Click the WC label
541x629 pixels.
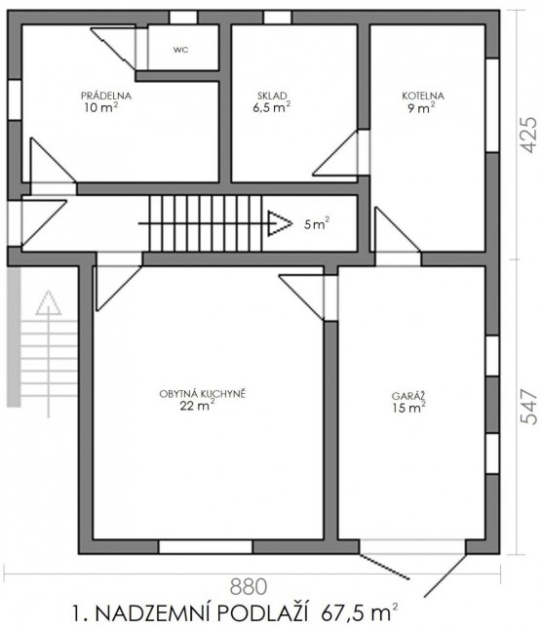[x=180, y=50]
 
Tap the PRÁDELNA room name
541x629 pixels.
[x=106, y=96]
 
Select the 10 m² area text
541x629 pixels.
[x=101, y=107]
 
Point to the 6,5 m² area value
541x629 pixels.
[x=272, y=107]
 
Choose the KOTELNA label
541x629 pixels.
[x=423, y=96]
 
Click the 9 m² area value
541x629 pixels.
[x=421, y=107]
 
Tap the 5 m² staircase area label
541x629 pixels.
[x=317, y=224]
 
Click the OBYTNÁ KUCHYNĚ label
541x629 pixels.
[x=202, y=394]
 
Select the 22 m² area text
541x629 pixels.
[x=197, y=405]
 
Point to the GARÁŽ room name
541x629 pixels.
[x=408, y=396]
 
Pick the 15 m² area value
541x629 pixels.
[x=409, y=408]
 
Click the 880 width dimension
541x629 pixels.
[x=249, y=586]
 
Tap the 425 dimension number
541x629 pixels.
[x=528, y=135]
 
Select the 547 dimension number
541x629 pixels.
[x=528, y=407]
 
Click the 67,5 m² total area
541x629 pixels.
[x=360, y=613]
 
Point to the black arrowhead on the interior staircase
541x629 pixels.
[x=280, y=223]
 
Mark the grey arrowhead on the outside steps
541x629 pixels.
[x=49, y=302]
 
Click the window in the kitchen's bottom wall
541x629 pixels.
[x=206, y=547]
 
